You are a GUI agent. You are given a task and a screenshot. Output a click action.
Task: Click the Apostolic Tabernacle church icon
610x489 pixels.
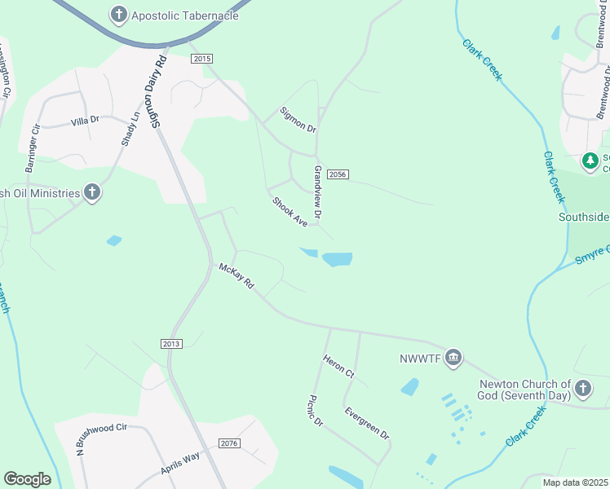pyautogui.click(x=119, y=14)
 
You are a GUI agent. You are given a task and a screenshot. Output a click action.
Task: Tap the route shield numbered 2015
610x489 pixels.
pyautogui.click(x=202, y=59)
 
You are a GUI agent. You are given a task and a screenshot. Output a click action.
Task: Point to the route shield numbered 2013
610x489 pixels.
pyautogui.click(x=171, y=344)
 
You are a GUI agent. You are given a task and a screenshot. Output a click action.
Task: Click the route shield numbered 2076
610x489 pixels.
pyautogui.click(x=230, y=443)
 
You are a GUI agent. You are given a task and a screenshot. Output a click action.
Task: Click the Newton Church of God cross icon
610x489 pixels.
pyautogui.click(x=582, y=388)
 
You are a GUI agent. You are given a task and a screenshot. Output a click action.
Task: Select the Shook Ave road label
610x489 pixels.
pyautogui.click(x=290, y=212)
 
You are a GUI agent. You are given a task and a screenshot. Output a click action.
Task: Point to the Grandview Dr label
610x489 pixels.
pyautogui.click(x=318, y=193)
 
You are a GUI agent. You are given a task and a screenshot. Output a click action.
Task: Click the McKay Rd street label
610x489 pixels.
pyautogui.click(x=236, y=276)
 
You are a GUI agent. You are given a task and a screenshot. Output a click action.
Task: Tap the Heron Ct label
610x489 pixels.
pyautogui.click(x=338, y=366)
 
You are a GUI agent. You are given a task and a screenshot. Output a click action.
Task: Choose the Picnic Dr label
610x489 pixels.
pyautogui.click(x=316, y=411)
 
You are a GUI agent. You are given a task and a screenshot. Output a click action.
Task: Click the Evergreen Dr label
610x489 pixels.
pyautogui.click(x=367, y=423)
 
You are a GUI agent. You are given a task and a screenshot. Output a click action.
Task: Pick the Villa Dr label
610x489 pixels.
pyautogui.click(x=85, y=120)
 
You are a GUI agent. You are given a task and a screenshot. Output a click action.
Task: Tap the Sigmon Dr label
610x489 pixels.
pyautogui.click(x=297, y=119)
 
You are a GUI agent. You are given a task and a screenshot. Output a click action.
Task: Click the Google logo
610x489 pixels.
pyautogui.click(x=27, y=479)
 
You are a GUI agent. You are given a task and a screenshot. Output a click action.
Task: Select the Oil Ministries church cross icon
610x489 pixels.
pyautogui.click(x=92, y=193)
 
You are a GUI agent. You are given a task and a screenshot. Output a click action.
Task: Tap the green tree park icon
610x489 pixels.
pyautogui.click(x=590, y=161)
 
